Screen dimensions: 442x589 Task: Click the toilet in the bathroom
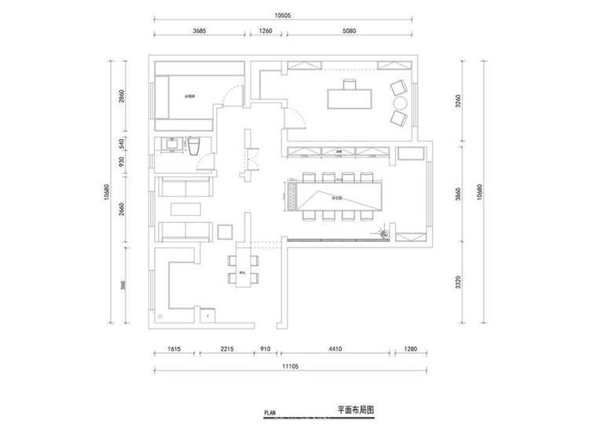point(196,146)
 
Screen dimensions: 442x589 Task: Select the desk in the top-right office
point(349,96)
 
